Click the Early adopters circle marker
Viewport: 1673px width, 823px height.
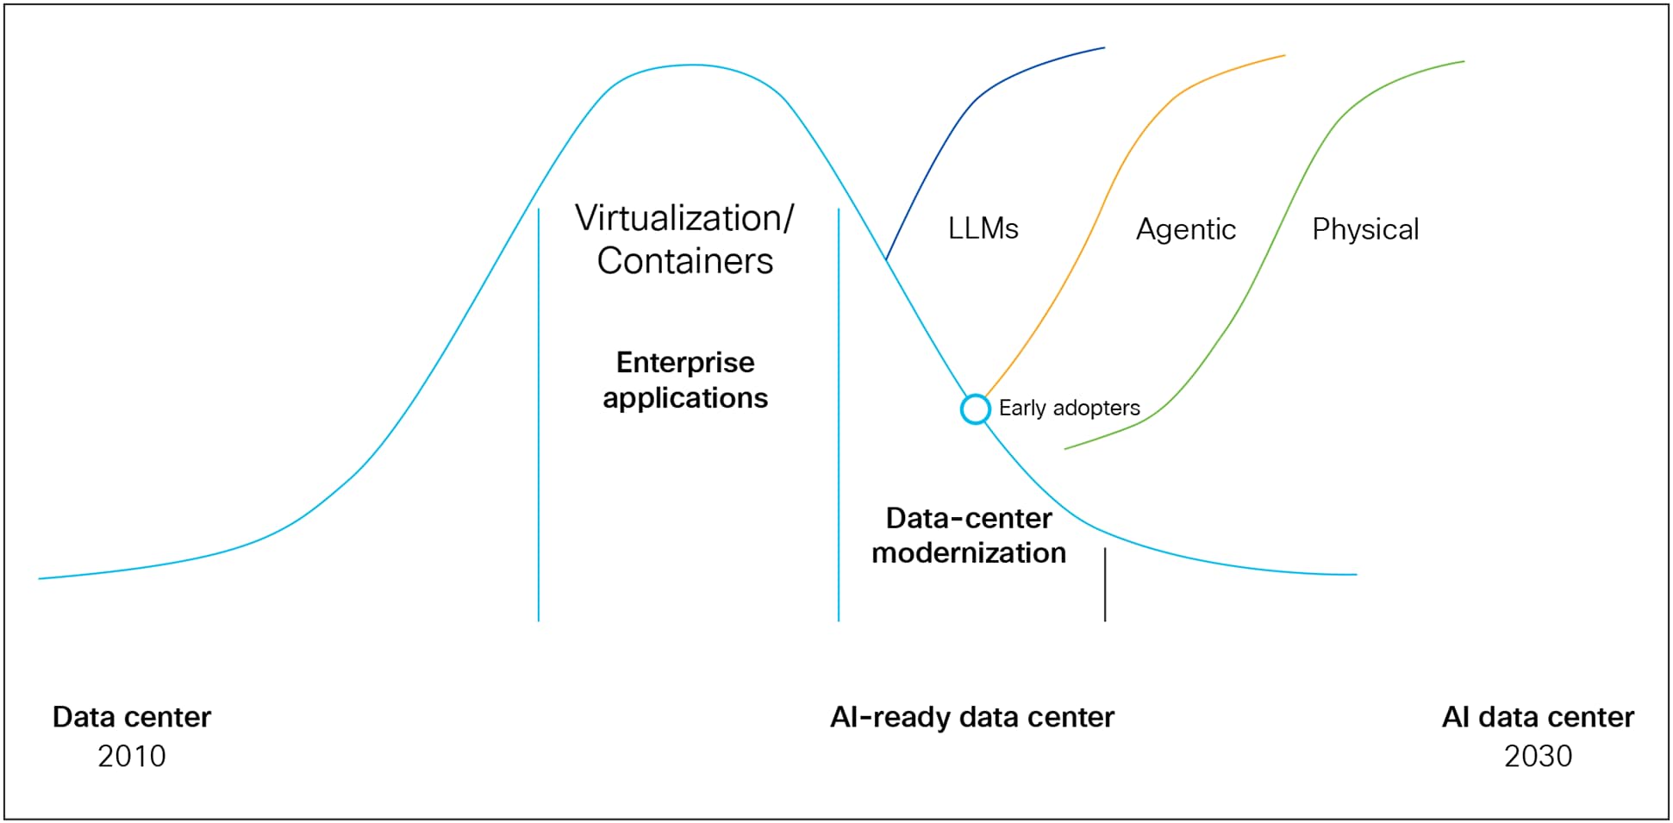975,408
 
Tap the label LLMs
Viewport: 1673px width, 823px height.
983,228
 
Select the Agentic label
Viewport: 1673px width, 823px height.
1185,229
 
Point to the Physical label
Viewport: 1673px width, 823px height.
1364,229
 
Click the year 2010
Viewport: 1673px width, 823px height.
131,756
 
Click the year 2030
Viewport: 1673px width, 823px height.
1538,756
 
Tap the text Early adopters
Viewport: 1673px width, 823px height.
1069,408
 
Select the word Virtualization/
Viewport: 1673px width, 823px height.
684,218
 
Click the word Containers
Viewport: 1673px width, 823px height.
684,261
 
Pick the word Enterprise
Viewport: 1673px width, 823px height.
685,362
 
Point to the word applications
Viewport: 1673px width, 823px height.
685,398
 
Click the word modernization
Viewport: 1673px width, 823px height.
969,552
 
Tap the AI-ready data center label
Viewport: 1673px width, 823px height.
971,717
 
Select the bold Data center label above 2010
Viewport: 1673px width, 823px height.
131,717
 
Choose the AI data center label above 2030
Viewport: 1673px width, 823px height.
1538,717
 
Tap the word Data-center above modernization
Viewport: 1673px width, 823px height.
969,518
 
